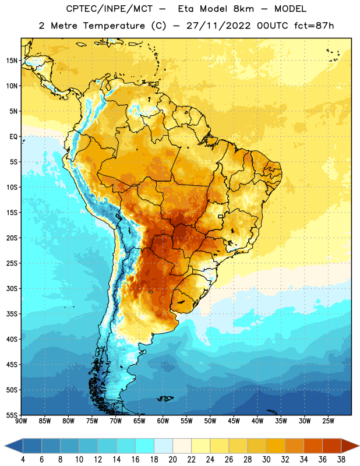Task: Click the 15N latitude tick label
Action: click(12, 61)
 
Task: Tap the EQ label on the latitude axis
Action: click(13, 137)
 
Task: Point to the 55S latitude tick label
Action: click(12, 415)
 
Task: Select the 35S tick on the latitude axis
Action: click(12, 314)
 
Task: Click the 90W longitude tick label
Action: click(21, 421)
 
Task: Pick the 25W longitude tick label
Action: click(328, 421)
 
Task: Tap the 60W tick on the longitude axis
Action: click(163, 421)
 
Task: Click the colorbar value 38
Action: click(341, 460)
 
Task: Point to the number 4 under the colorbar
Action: click(23, 460)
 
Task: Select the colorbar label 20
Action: click(172, 460)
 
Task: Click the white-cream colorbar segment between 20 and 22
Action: click(182, 446)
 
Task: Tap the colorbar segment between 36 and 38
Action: click(332, 446)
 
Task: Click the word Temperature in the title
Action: click(114, 26)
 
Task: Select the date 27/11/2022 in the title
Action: click(218, 26)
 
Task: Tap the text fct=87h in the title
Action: click(314, 26)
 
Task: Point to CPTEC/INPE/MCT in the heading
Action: click(109, 9)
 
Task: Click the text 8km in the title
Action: click(243, 9)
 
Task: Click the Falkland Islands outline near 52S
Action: click(165, 398)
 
